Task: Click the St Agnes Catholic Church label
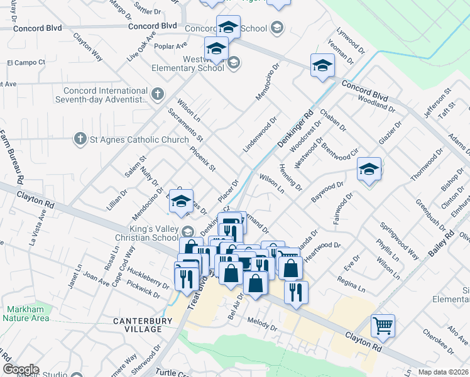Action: [x=139, y=139]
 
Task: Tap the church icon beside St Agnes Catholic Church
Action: [x=80, y=139]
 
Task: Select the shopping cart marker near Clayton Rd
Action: [x=383, y=325]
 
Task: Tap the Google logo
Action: [x=21, y=369]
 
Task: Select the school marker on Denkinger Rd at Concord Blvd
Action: [x=322, y=65]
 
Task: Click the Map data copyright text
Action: [x=443, y=372]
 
